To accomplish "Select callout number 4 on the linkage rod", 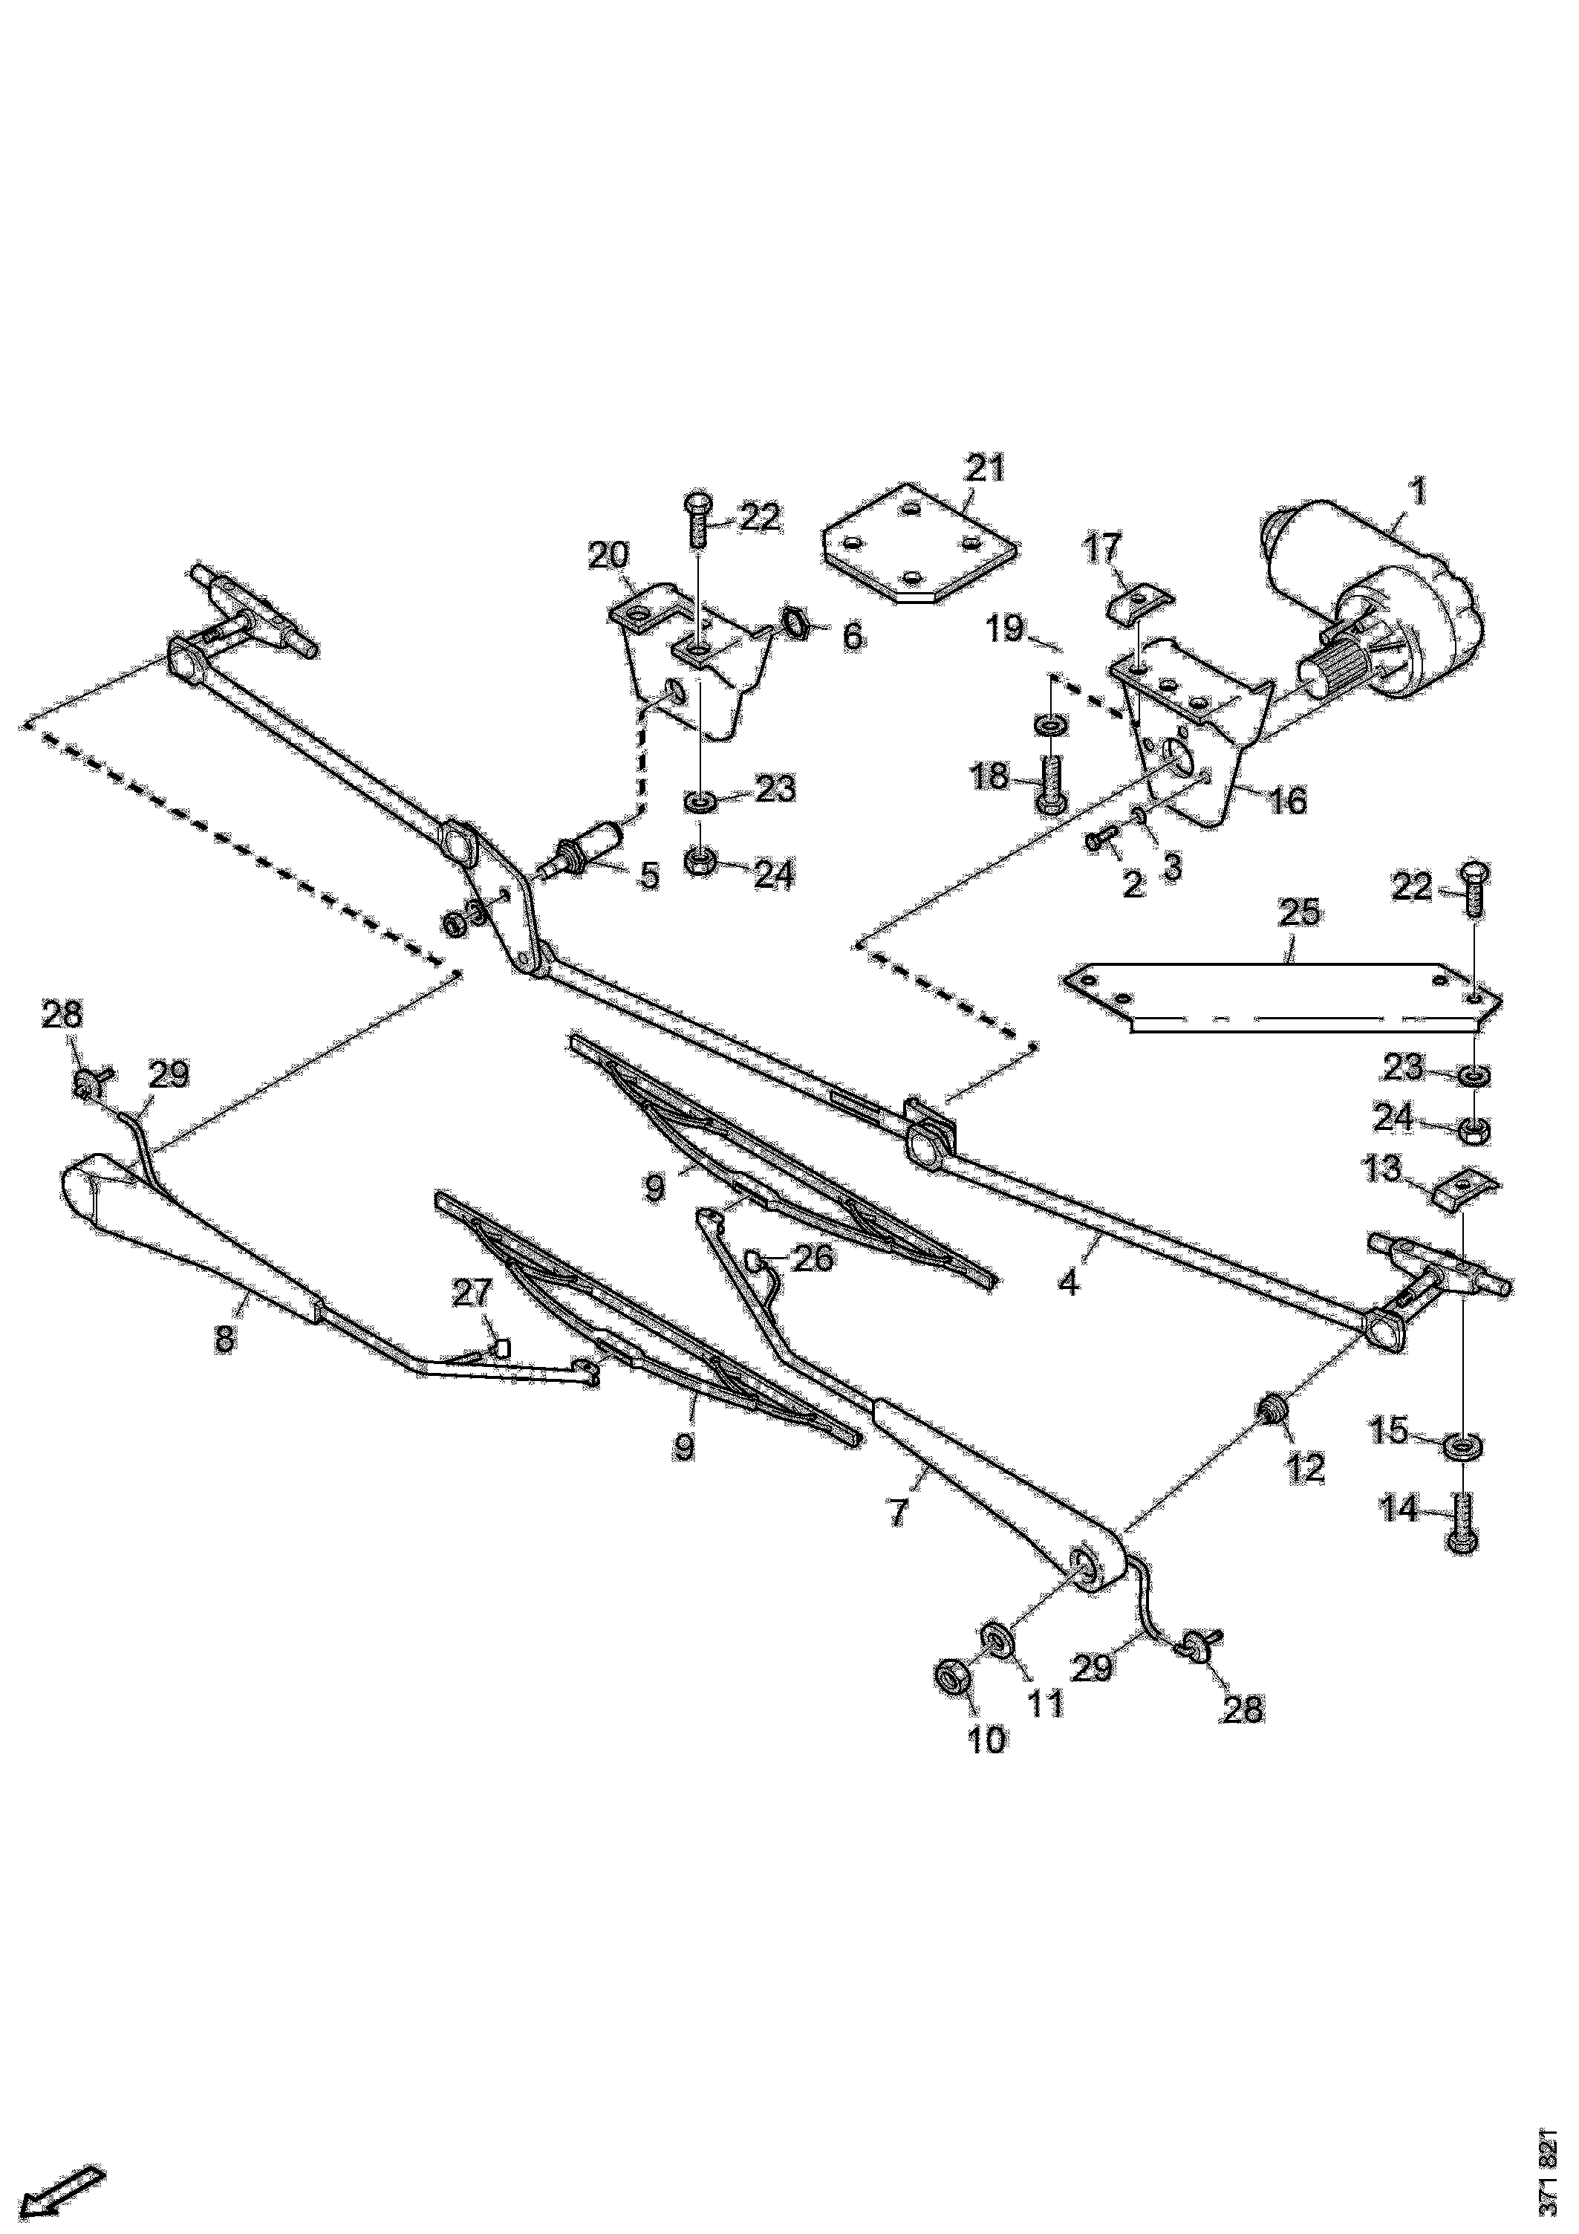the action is (1068, 1283).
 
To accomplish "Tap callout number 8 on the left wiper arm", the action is (225, 1338).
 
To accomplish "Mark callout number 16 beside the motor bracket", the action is (1286, 801).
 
